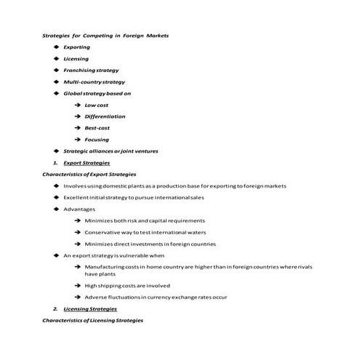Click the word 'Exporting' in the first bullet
click(76, 47)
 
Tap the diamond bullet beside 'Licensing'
click(56, 59)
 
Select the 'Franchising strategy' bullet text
click(91, 71)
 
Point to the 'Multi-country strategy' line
click(94, 82)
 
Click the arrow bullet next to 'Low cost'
click(76, 105)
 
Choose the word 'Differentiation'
click(105, 116)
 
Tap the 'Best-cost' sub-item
click(97, 128)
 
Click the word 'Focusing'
click(97, 140)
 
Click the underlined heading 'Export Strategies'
click(87, 163)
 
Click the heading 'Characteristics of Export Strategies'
click(89, 175)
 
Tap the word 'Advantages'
click(79, 209)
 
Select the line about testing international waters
click(145, 233)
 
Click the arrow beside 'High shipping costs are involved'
click(76, 286)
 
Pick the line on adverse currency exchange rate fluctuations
click(156, 297)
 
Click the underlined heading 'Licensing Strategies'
click(89, 309)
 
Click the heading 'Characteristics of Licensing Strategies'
click(92, 321)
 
